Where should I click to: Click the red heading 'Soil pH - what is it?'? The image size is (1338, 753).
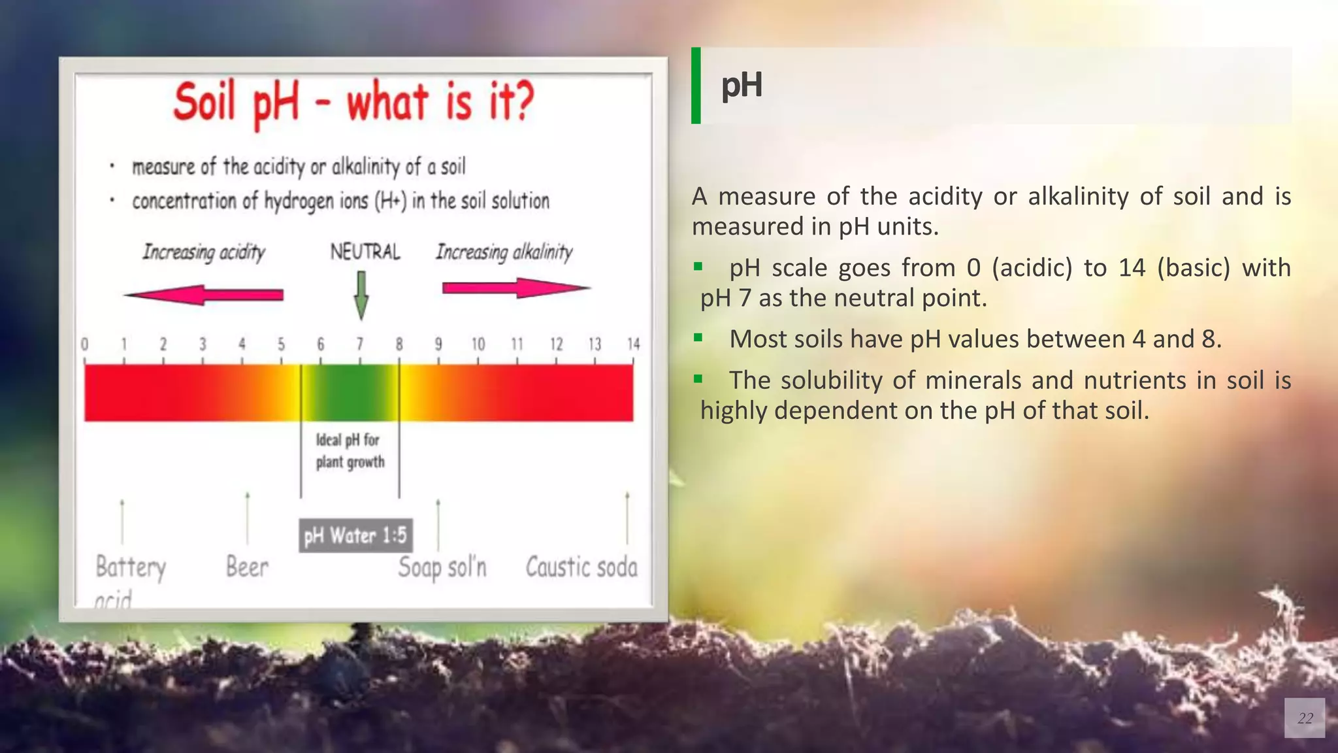353,103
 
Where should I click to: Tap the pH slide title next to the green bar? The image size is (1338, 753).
742,86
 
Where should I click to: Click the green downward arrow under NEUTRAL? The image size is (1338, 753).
361,295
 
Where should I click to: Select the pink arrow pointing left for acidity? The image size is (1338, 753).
204,295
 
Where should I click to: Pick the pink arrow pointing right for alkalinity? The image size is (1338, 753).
516,288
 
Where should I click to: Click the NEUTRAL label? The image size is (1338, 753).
365,252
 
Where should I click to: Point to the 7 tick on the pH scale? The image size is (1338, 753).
360,344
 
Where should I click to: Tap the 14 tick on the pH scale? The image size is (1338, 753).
633,344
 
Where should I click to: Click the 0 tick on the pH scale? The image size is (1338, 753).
85,344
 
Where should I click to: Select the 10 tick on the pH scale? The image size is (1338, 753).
478,344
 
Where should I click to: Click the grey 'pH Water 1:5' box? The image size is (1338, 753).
355,535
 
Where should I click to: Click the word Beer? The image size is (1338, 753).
247,567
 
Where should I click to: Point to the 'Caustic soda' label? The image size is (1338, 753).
581,567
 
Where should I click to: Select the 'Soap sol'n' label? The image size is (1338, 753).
442,567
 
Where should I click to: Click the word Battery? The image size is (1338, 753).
131,567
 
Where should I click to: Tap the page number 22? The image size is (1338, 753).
1305,718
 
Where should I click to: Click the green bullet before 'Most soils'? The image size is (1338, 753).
698,338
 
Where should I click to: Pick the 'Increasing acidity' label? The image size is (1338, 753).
204,252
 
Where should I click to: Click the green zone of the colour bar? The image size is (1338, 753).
350,393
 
